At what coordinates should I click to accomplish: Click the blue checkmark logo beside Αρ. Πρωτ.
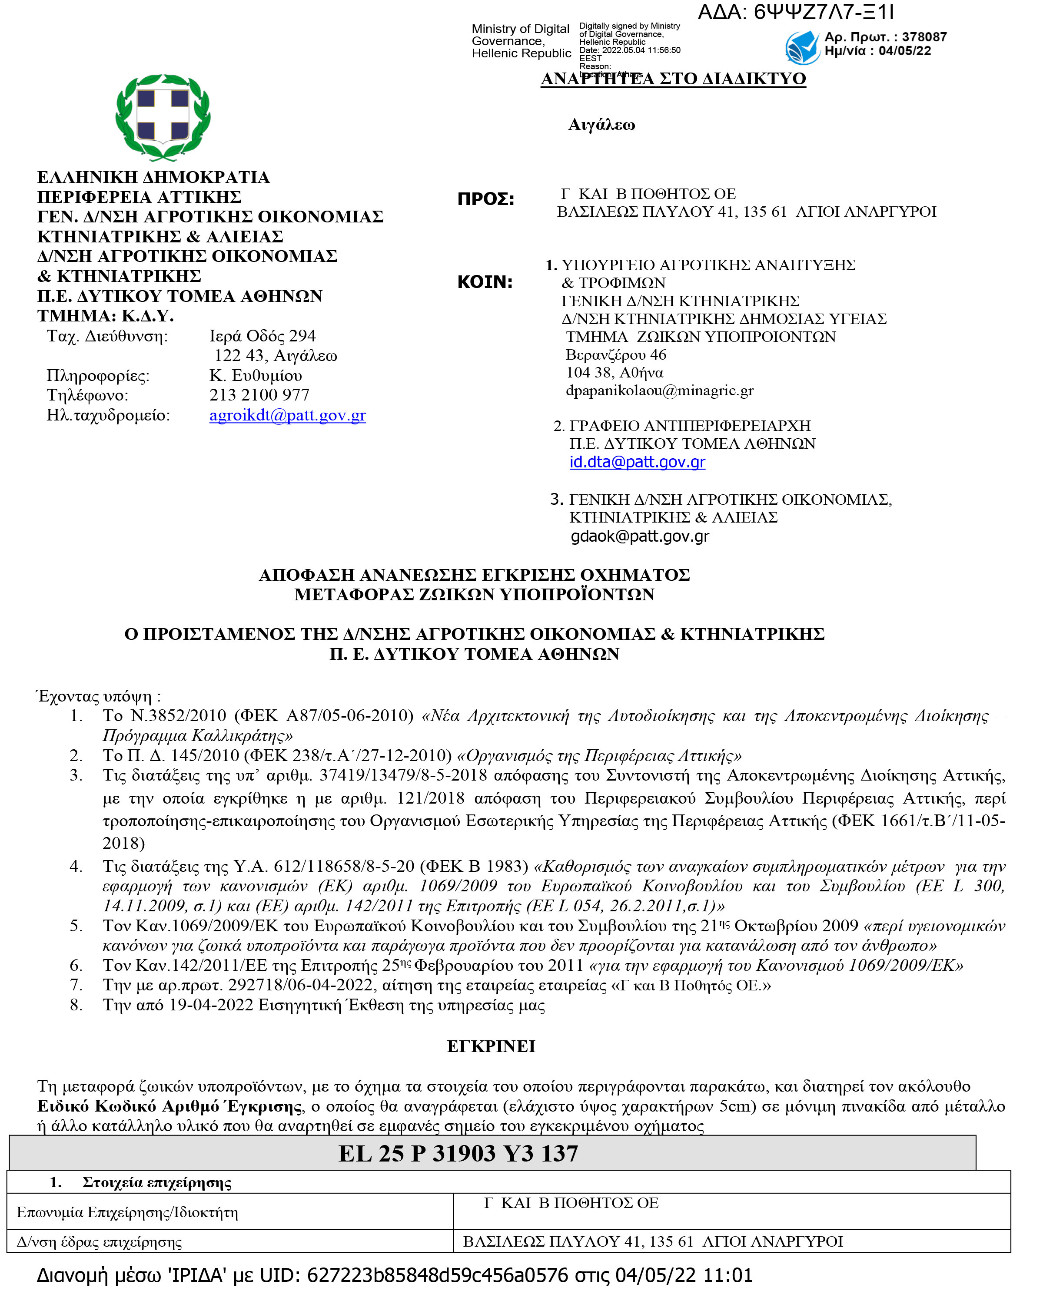[x=802, y=47]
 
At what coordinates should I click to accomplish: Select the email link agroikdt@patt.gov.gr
[x=287, y=416]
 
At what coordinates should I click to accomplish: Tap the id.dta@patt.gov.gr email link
[x=638, y=462]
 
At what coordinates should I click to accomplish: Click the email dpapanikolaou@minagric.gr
[x=659, y=391]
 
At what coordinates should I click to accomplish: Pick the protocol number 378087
[x=924, y=37]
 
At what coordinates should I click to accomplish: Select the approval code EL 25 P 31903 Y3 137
[x=458, y=1154]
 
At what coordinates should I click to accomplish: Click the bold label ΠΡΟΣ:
[x=485, y=199]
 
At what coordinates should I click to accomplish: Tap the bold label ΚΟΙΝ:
[x=485, y=282]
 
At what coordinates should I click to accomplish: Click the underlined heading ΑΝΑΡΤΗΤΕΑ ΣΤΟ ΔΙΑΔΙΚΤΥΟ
[x=673, y=79]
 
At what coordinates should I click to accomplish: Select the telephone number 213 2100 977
[x=259, y=395]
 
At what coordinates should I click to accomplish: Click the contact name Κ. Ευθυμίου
[x=256, y=375]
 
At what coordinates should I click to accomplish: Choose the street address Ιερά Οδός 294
[x=262, y=336]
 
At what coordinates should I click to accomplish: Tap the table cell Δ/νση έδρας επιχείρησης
[x=99, y=1242]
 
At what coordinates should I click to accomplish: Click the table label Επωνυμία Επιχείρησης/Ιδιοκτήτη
[x=127, y=1213]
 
